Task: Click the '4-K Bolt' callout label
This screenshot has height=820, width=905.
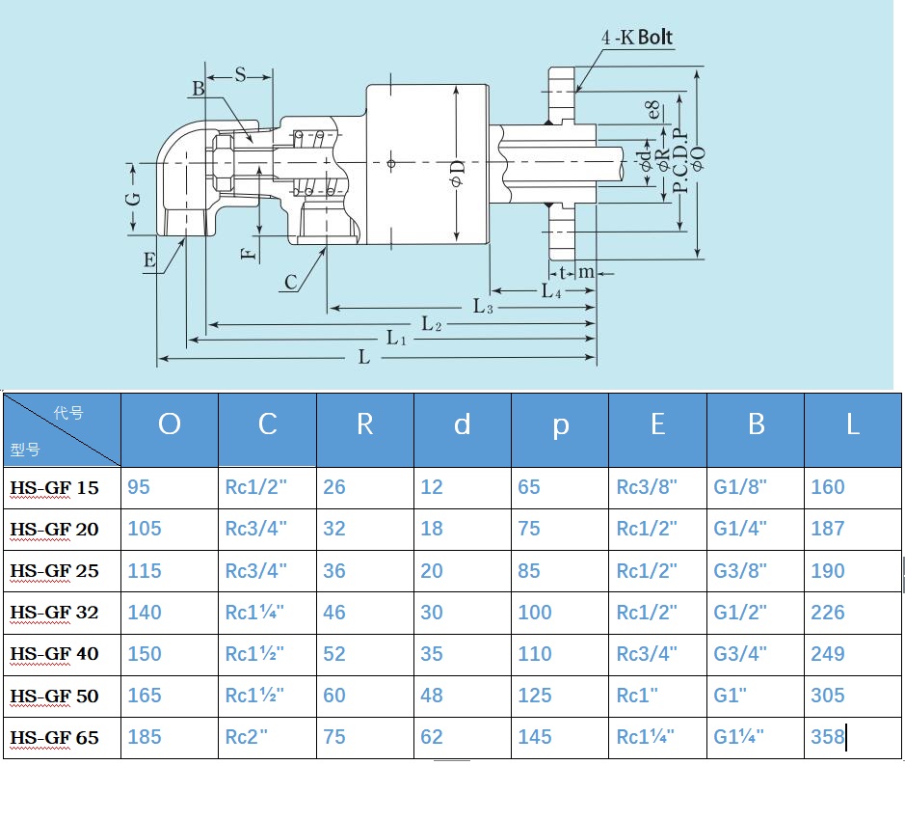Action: (637, 37)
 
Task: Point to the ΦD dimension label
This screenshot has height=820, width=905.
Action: (457, 174)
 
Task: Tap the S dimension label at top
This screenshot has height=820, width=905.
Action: (240, 74)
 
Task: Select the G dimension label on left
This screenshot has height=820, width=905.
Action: (133, 199)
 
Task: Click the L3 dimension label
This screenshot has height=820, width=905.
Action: (483, 306)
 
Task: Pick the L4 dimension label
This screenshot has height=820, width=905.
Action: (551, 290)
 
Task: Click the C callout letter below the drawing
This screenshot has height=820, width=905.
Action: (291, 282)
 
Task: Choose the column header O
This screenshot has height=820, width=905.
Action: (169, 424)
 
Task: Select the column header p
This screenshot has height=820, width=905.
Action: (560, 426)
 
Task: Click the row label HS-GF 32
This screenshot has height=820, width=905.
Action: (54, 613)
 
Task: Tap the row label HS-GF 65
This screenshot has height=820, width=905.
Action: (54, 738)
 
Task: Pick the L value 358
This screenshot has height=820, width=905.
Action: (828, 737)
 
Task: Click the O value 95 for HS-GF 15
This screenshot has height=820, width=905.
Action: (139, 487)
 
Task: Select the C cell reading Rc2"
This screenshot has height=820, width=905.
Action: (247, 737)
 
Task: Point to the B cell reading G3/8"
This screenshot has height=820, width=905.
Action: (740, 571)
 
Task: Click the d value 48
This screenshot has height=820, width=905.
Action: (432, 696)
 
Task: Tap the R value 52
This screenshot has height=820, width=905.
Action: (334, 653)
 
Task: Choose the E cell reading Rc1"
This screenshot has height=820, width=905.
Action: (637, 696)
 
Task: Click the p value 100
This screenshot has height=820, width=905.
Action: (535, 613)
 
